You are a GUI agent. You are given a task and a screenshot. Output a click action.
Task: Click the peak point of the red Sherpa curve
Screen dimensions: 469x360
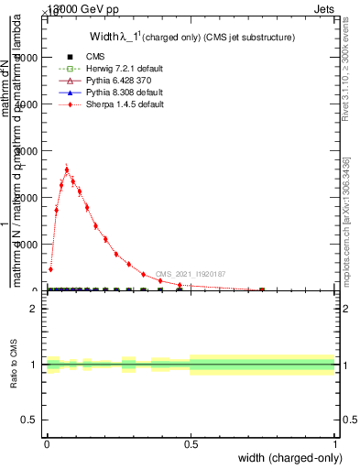click(67, 169)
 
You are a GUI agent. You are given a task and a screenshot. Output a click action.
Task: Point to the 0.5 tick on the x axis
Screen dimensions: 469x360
click(191, 443)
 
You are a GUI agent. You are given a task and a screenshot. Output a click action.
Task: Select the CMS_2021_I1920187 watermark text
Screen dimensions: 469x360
click(190, 274)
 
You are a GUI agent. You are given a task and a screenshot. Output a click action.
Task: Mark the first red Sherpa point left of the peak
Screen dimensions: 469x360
click(61, 184)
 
